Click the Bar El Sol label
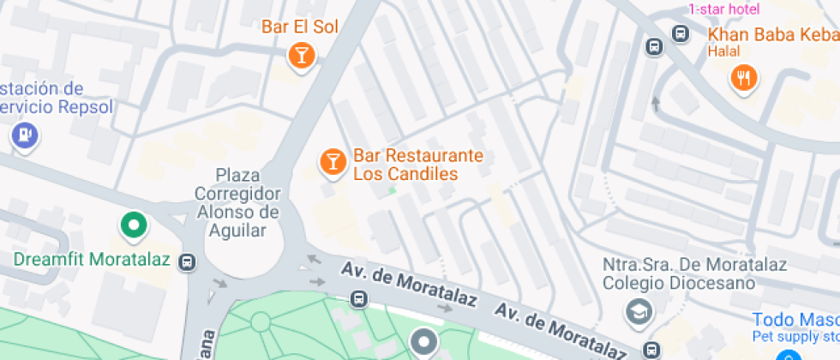pyautogui.click(x=300, y=27)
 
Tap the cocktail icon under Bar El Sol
pyautogui.click(x=301, y=57)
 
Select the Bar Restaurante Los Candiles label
pyautogui.click(x=418, y=165)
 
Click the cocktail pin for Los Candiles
pyautogui.click(x=332, y=160)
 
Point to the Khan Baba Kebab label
pyautogui.click(x=772, y=35)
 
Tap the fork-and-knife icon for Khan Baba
pyautogui.click(x=743, y=78)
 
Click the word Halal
pyautogui.click(x=723, y=51)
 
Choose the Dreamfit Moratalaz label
pyautogui.click(x=94, y=258)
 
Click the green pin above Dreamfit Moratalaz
pyautogui.click(x=133, y=225)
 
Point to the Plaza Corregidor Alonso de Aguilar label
pyautogui.click(x=237, y=201)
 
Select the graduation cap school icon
pyautogui.click(x=638, y=313)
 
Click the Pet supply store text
pyautogui.click(x=795, y=335)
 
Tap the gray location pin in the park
pyautogui.click(x=423, y=343)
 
